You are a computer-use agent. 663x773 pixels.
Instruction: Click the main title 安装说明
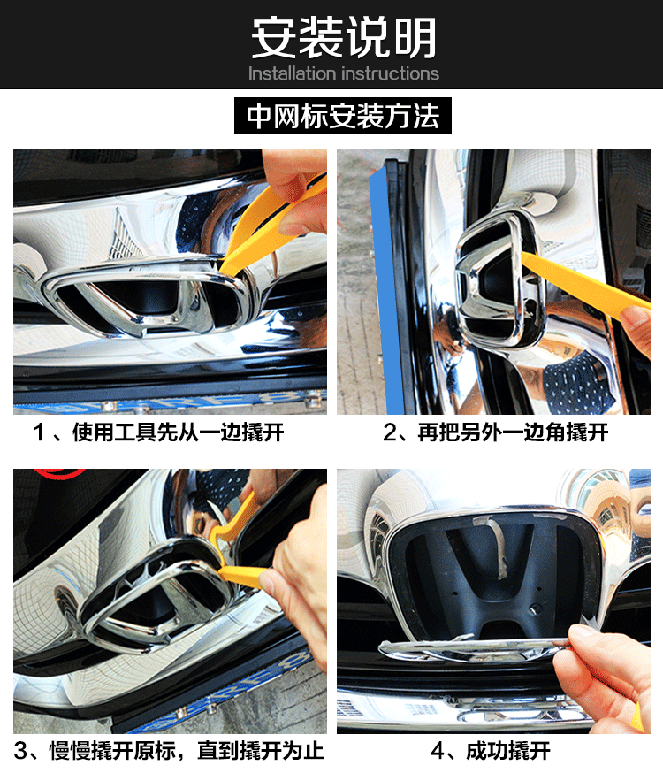pos(344,37)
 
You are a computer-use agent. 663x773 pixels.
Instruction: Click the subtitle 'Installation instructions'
pos(343,73)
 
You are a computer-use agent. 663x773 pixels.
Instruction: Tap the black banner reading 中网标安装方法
pos(343,115)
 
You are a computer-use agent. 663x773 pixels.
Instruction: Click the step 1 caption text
pos(158,432)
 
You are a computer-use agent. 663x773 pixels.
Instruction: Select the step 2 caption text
pos(496,432)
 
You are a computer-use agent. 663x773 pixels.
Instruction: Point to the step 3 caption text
pos(169,751)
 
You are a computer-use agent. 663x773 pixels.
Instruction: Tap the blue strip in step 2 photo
pos(386,291)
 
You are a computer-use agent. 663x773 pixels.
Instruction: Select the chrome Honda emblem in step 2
pos(500,281)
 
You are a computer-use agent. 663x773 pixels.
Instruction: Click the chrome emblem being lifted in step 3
pos(157,596)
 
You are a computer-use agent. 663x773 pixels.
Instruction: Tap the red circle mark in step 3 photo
pos(59,474)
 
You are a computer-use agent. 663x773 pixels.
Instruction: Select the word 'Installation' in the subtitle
pos(292,73)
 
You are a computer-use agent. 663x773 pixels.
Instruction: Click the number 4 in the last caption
pos(438,751)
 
